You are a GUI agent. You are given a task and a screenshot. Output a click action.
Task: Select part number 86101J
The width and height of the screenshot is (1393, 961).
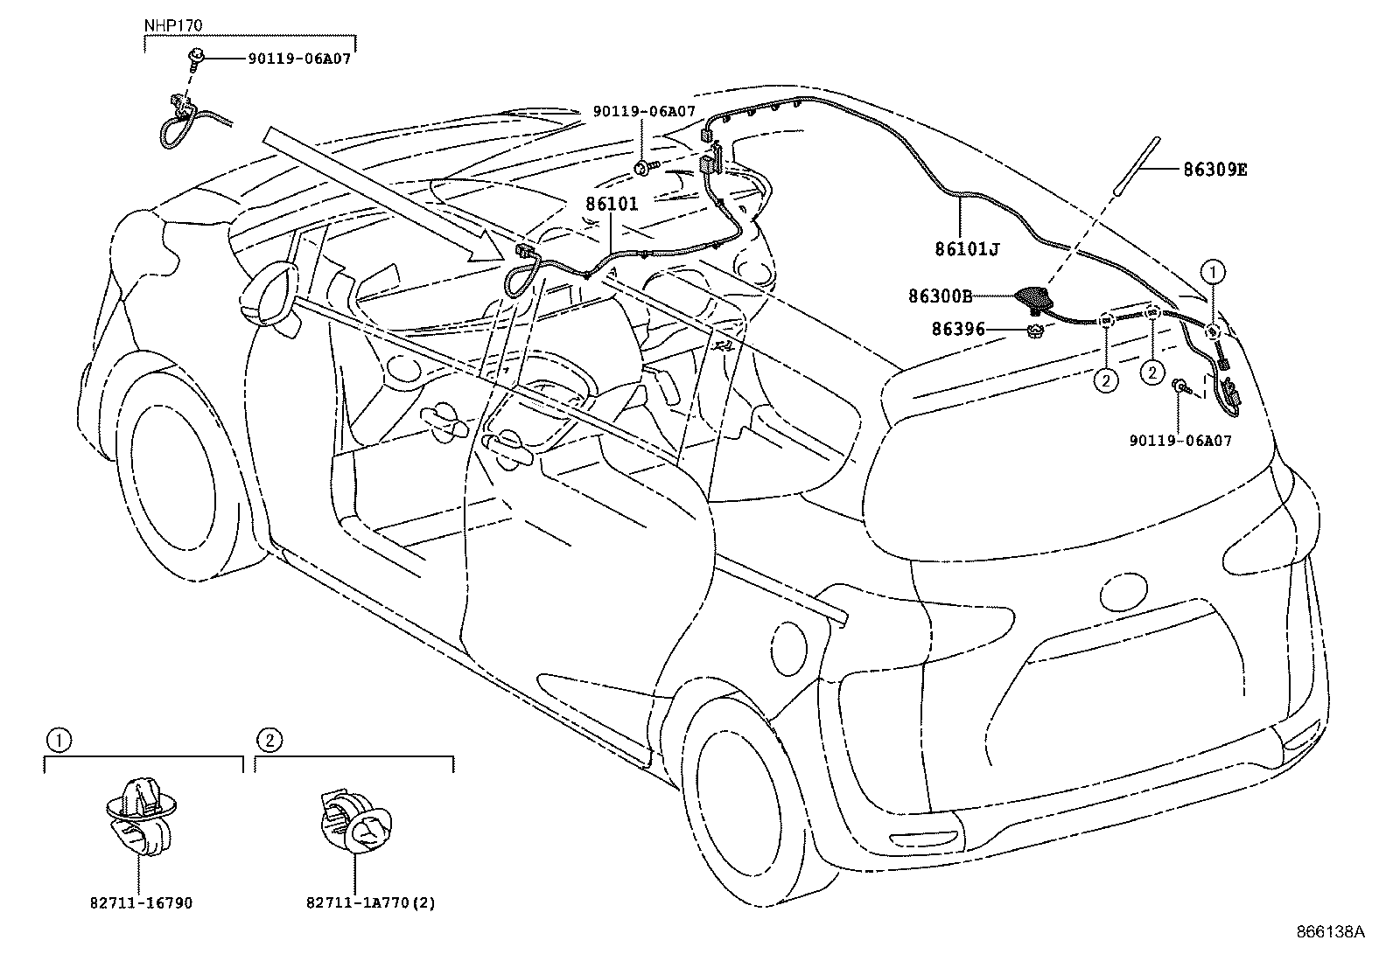[x=967, y=249]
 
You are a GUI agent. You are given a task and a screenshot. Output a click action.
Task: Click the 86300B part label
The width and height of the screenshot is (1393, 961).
[x=941, y=296]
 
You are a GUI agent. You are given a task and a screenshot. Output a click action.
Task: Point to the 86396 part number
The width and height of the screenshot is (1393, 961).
[x=959, y=330]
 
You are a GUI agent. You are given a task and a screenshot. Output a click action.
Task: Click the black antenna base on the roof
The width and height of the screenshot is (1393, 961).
[x=1036, y=297]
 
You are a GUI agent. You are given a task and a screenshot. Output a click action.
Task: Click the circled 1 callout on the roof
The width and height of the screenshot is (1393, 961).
[x=1213, y=272]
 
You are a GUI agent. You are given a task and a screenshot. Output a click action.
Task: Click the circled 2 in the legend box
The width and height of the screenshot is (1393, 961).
[x=269, y=741]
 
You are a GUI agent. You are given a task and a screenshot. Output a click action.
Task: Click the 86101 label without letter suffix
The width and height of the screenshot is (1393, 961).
[x=612, y=204]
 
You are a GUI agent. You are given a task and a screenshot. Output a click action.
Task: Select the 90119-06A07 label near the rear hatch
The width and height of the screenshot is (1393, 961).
[x=1179, y=441]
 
